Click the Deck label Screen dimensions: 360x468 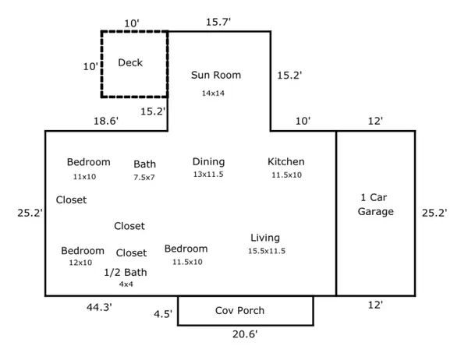click(130, 62)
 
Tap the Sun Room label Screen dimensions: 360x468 click(216, 76)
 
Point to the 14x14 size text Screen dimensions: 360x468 click(213, 94)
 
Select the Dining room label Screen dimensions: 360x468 click(208, 161)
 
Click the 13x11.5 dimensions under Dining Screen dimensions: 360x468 click(208, 175)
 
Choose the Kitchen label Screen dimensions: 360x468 click(286, 161)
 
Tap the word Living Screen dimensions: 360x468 click(265, 238)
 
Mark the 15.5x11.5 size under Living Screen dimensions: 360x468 click(267, 251)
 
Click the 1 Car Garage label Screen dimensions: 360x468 click(376, 204)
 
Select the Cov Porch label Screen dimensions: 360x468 click(239, 310)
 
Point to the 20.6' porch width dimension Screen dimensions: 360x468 click(244, 335)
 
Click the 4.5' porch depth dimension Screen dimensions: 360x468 click(162, 315)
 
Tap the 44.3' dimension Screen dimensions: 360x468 click(99, 307)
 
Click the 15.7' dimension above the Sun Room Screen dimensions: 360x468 click(218, 22)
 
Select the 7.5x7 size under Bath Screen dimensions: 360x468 click(144, 178)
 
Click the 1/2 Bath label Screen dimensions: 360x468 click(126, 273)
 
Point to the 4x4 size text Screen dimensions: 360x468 click(126, 284)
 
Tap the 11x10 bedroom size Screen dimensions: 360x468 click(84, 177)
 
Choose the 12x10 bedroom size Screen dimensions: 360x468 click(80, 263)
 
